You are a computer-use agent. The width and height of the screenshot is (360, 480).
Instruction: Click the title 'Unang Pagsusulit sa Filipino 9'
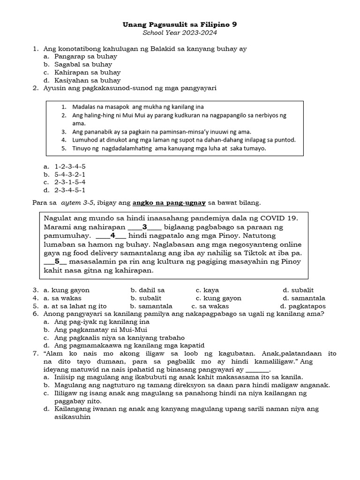[x=180, y=24]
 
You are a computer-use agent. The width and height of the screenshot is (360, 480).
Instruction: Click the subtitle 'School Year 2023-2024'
[x=180, y=33]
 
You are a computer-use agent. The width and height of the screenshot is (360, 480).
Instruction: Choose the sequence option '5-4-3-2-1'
[x=70, y=174]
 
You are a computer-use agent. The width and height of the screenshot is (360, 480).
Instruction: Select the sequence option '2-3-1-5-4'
[x=70, y=182]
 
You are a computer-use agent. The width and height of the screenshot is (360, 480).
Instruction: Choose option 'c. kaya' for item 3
[x=207, y=290]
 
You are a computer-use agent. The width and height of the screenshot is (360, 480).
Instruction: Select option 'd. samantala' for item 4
[x=304, y=298]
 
